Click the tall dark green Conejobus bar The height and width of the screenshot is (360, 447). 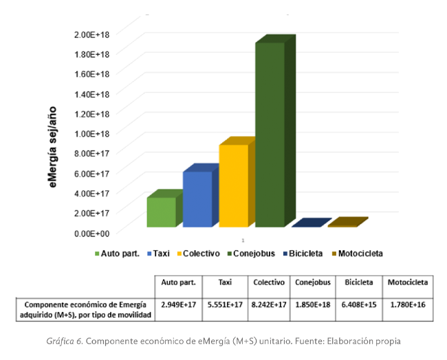coord(270,134)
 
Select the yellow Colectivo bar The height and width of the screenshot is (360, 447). coord(233,185)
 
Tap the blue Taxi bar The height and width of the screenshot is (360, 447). coord(197,199)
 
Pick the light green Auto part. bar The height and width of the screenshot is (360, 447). coord(161,212)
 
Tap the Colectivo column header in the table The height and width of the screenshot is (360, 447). coord(269,282)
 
